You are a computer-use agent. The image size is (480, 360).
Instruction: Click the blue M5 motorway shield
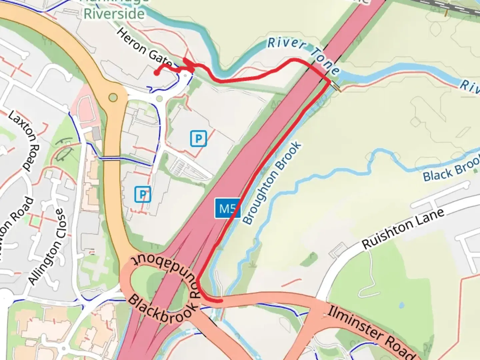point(227,209)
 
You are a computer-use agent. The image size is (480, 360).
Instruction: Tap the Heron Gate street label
point(144,47)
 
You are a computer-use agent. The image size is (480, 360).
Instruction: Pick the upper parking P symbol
point(199,138)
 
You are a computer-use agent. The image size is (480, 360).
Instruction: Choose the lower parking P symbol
point(143,194)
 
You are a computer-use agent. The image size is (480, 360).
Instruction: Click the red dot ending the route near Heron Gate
point(156,73)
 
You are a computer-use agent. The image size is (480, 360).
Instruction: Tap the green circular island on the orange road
point(113,97)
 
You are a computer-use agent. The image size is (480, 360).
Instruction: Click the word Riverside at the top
point(114,14)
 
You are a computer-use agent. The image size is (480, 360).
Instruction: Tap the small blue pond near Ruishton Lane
point(401,305)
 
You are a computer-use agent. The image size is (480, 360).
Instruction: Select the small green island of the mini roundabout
point(159,99)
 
